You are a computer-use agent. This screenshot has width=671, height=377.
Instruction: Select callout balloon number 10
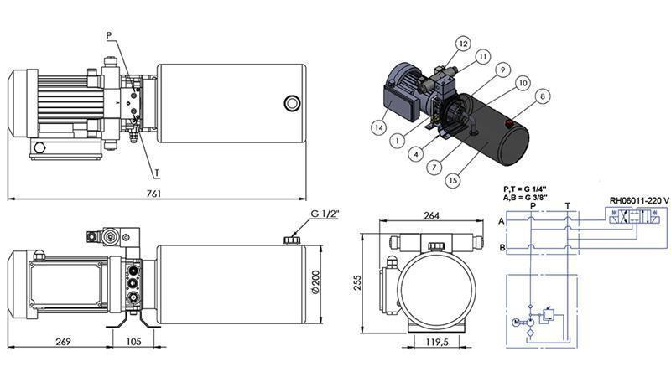click(x=523, y=83)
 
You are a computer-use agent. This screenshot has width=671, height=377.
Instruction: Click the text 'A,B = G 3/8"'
click(x=526, y=198)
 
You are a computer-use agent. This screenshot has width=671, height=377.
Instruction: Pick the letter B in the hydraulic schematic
click(x=501, y=248)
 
